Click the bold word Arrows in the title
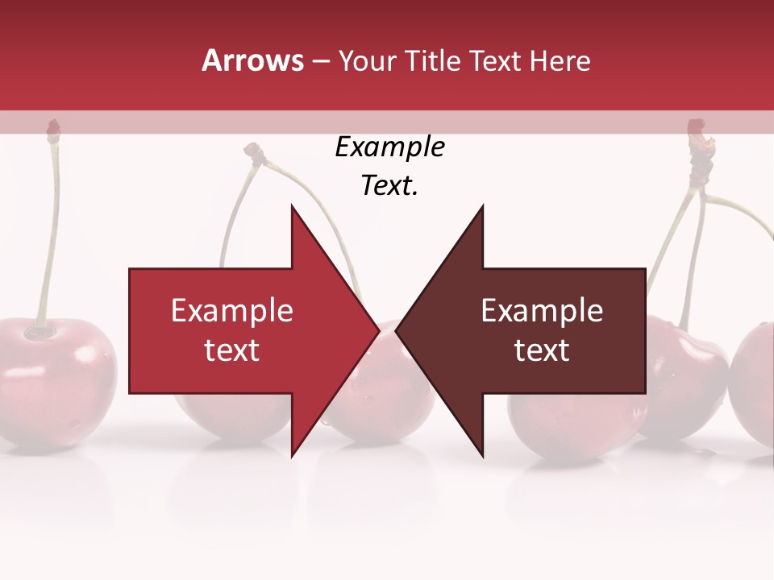coord(253,60)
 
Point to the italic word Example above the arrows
coord(389,147)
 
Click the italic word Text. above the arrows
coord(389,185)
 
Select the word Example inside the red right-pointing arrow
coord(231,311)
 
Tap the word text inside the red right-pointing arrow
coord(231,350)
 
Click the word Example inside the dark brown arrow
coord(542,311)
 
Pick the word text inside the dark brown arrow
coord(542,350)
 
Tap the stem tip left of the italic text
coord(255,151)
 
